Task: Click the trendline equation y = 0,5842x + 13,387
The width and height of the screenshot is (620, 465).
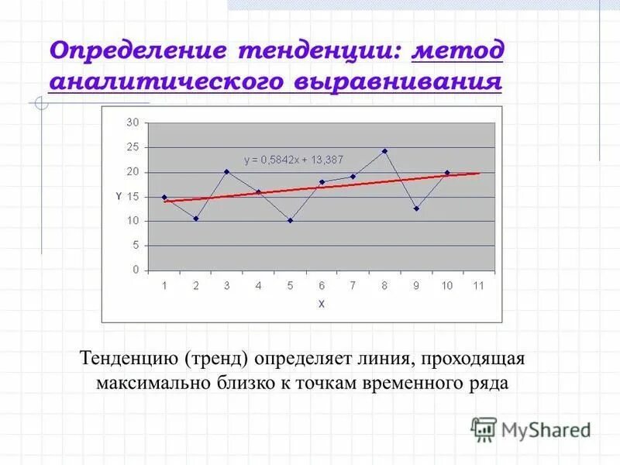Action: pos(294,160)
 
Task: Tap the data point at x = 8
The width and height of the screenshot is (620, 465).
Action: pos(384,151)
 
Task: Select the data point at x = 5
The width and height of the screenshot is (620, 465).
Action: pos(290,220)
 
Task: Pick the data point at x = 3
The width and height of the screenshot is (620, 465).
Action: pos(227,171)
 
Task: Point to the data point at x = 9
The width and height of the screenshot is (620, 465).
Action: pos(416,208)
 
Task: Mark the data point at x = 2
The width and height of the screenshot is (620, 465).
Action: pos(196,219)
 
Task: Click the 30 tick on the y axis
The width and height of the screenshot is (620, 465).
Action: pos(133,122)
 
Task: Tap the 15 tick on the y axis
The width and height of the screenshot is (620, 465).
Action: pos(133,197)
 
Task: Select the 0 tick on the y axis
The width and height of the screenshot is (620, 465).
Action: pos(135,270)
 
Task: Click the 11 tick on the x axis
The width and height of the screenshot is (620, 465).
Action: pos(478,285)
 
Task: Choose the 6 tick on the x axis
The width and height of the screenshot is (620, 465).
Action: pos(321,285)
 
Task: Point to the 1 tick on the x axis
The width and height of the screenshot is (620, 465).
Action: pos(164,285)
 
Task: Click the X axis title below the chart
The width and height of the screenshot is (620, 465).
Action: pos(321,304)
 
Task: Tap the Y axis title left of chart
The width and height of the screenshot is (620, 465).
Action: pos(118,197)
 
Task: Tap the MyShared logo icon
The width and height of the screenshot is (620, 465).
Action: pos(484,429)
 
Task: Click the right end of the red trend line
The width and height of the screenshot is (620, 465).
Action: pos(479,173)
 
